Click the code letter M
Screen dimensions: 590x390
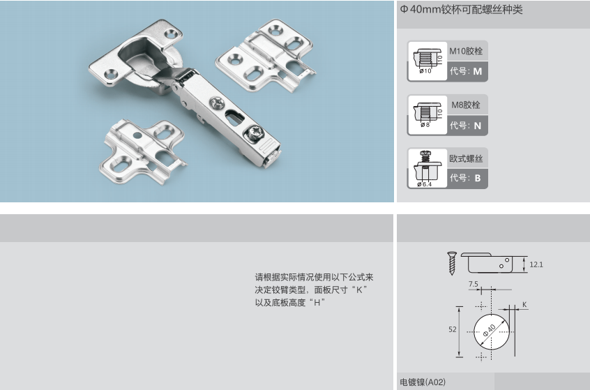click(x=477, y=71)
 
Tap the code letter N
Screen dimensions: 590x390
click(x=478, y=126)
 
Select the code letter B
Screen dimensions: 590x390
click(x=478, y=178)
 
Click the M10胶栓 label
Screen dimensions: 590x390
click(x=466, y=51)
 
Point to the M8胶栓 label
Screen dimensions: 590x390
click(x=466, y=105)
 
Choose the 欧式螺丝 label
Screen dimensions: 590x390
click(x=466, y=158)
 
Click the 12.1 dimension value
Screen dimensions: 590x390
click(x=536, y=264)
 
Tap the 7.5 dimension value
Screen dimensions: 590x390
click(x=474, y=284)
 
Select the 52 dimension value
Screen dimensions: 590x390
click(x=453, y=329)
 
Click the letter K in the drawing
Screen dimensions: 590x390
click(x=524, y=305)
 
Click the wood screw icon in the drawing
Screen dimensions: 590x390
click(x=452, y=263)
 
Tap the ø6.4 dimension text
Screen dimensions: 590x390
click(x=425, y=184)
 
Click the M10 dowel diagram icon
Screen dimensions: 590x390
click(x=427, y=61)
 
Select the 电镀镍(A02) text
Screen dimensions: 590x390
click(x=423, y=382)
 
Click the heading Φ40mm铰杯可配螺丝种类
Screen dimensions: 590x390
click(x=461, y=9)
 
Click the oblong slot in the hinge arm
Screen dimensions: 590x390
click(x=234, y=117)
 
